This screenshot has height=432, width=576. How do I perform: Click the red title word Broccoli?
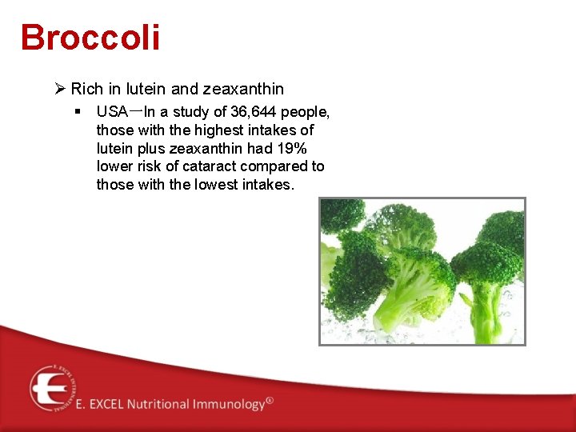pos(90,38)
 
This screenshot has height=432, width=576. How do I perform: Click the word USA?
pos(112,111)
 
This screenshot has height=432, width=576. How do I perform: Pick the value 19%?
pos(291,148)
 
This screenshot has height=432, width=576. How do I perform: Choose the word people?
pos(305,111)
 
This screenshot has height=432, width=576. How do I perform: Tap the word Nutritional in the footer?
pos(156,404)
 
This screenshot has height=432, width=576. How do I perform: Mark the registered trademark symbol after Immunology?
pos(270,400)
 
